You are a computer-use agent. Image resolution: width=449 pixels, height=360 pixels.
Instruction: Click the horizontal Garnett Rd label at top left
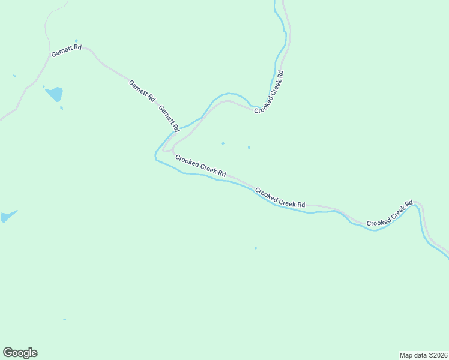coord(66,50)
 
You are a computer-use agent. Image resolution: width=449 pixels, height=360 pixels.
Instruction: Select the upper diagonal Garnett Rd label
coord(142,89)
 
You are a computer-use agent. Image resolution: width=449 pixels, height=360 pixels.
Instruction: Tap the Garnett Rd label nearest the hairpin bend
coord(169,118)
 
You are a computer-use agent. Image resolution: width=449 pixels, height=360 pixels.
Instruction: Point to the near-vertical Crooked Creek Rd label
coord(268,92)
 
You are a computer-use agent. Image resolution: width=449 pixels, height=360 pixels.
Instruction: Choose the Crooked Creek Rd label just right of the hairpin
coord(200,165)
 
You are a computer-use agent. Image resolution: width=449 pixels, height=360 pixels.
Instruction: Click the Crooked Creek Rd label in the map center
coord(280,199)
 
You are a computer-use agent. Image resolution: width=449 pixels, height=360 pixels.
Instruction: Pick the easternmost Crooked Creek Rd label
coord(390,214)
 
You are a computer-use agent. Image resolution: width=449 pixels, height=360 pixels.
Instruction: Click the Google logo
coord(20,353)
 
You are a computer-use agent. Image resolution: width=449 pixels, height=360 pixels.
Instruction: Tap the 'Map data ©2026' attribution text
coord(423,355)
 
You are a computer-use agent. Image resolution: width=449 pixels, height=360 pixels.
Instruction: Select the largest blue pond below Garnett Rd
coord(55,94)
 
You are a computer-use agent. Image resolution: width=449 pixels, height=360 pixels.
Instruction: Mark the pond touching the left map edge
coord(7,217)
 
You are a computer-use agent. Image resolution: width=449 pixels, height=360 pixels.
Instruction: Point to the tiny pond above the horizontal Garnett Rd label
coord(76,41)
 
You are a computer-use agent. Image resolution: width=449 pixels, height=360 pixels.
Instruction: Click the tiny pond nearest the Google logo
coord(64,319)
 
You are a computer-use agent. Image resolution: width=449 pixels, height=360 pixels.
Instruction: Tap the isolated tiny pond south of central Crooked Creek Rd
coord(256,248)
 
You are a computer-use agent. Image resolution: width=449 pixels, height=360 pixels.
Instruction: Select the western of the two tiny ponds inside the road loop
coord(223,143)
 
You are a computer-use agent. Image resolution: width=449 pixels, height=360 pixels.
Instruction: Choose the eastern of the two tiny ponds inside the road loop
coord(249,147)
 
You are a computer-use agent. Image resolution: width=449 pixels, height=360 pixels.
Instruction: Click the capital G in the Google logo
coord(8,352)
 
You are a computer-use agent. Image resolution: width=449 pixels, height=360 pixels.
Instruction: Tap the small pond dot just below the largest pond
coord(61,108)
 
